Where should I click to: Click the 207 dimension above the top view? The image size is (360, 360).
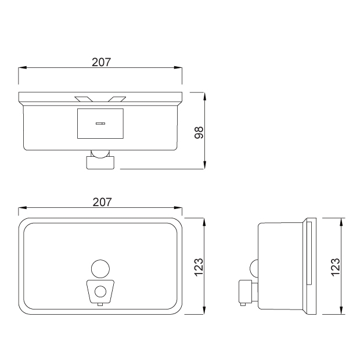101,62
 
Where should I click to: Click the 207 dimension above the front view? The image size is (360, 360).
102,202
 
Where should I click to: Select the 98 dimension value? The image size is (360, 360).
199,132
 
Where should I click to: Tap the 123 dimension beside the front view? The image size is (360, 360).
199,267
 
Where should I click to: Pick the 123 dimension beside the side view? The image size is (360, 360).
336,267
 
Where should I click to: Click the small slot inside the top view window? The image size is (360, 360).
100,124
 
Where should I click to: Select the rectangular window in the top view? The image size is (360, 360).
100,124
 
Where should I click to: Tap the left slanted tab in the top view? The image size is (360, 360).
84,99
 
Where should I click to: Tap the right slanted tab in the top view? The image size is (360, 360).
117,99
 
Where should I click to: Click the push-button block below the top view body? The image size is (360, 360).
100,163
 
